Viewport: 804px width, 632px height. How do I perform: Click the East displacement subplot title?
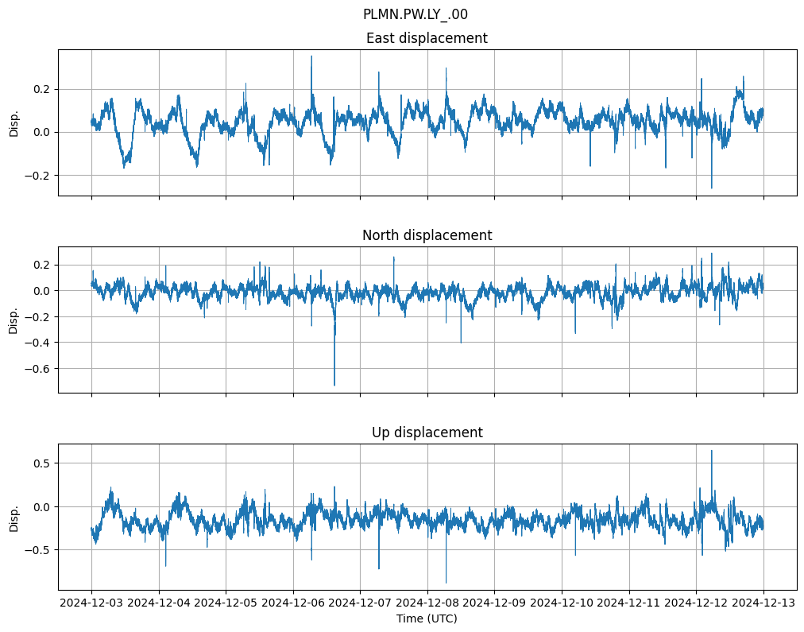[x=427, y=38]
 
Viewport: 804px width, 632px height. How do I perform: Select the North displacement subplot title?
[x=427, y=235]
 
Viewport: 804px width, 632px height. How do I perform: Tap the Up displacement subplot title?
[x=427, y=432]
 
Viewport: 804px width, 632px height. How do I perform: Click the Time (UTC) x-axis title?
[x=427, y=618]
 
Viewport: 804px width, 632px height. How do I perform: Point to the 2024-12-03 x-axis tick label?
[x=91, y=603]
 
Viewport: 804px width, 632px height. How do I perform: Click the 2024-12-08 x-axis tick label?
[x=427, y=603]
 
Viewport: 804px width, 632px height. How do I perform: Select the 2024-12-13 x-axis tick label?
[x=763, y=603]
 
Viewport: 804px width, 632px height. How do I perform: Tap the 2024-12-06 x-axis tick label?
[x=293, y=603]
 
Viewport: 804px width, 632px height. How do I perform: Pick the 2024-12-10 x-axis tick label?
[x=562, y=603]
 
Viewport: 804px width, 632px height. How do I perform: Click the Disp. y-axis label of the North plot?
[x=14, y=320]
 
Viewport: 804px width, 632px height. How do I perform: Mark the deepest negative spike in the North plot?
[x=334, y=385]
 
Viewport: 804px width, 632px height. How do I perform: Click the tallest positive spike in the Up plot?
[x=711, y=451]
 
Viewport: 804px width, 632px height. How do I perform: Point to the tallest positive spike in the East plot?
[x=311, y=56]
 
